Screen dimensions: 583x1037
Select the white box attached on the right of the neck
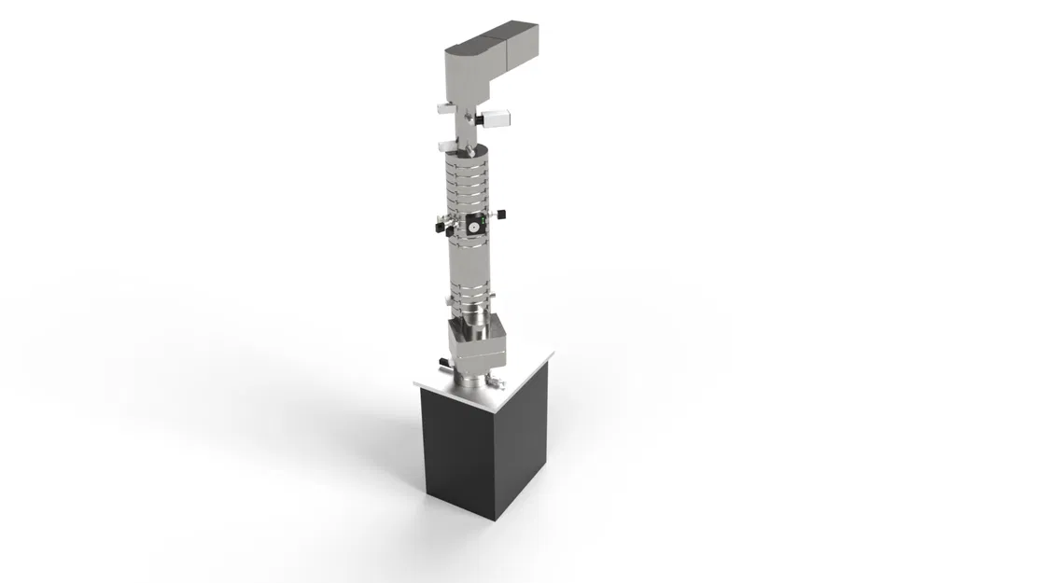[498, 118]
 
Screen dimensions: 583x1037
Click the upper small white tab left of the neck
[444, 108]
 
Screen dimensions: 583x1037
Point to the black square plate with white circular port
[474, 225]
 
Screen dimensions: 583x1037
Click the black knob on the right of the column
[503, 216]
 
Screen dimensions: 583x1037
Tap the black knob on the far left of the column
[438, 226]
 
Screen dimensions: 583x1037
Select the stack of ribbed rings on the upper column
[466, 182]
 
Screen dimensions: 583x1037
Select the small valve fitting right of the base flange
[496, 382]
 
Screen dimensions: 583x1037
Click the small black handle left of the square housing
[439, 361]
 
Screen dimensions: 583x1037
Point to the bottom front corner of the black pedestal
[494, 518]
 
